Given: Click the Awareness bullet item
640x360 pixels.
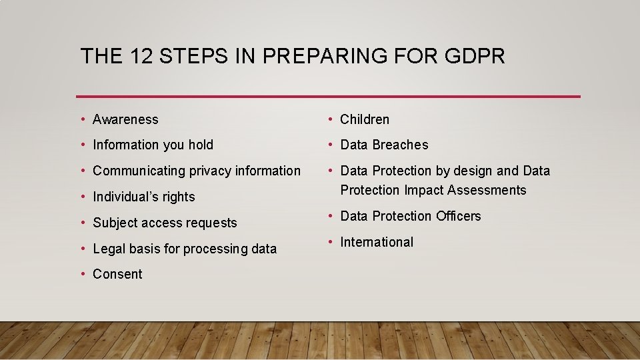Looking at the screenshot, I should click(125, 119).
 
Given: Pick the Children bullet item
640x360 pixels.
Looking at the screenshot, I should click(365, 119).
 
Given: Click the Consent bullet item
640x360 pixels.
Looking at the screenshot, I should click(117, 274).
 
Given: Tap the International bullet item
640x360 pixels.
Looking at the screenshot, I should click(377, 242).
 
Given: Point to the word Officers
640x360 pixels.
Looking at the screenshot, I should click(459, 216).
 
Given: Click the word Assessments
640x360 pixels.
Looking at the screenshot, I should click(487, 190).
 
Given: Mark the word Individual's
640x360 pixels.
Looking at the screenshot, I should click(127, 197).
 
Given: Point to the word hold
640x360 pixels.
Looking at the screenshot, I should click(200, 145).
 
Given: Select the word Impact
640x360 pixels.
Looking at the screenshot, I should click(424, 190).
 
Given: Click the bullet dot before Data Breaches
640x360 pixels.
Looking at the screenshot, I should click(331, 145).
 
